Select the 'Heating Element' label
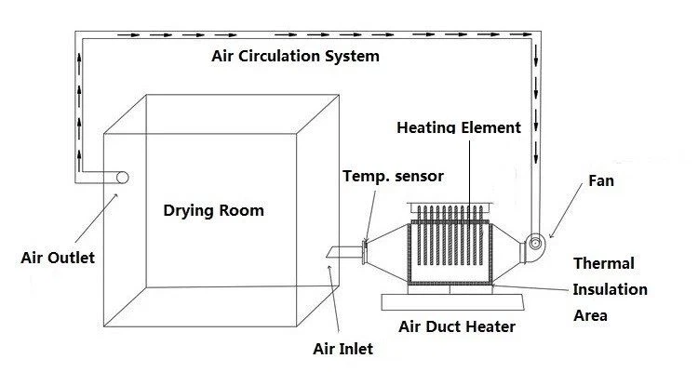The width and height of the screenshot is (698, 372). [x=459, y=127]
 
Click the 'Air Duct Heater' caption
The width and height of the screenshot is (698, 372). [x=456, y=326]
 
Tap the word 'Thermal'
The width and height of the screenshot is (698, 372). [x=603, y=264]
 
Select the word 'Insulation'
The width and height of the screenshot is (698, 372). [x=610, y=289]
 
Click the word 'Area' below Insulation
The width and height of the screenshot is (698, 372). [x=590, y=315]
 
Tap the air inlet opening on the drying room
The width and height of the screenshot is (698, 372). [x=336, y=250]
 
